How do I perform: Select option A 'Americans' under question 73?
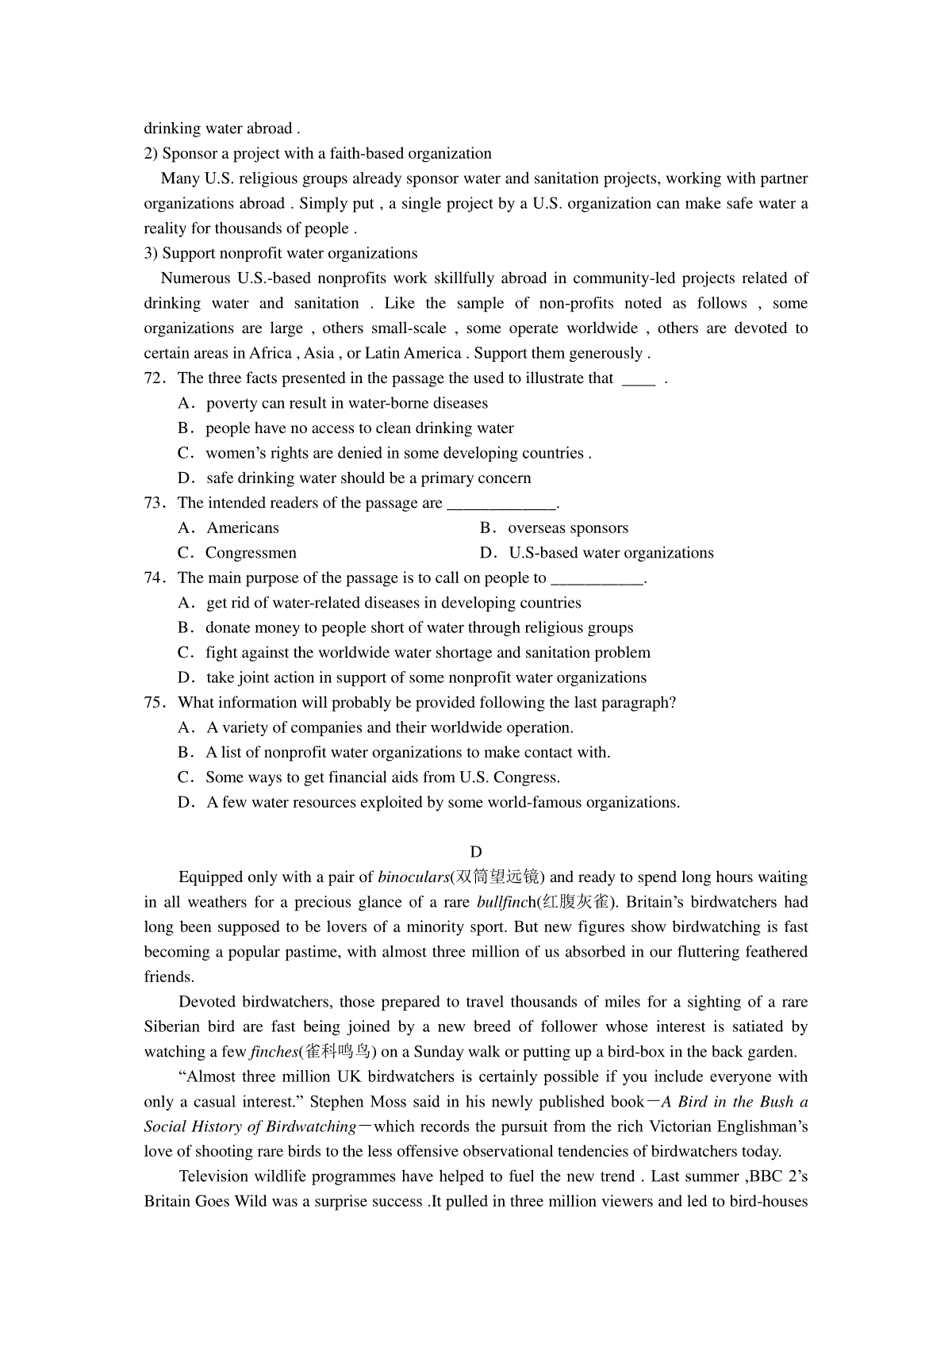[x=243, y=528]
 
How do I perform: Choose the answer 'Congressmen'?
[x=251, y=553]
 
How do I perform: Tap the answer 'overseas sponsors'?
[x=568, y=528]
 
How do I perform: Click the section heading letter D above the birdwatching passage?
[x=476, y=852]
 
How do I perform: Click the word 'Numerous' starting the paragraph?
[x=194, y=278]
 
